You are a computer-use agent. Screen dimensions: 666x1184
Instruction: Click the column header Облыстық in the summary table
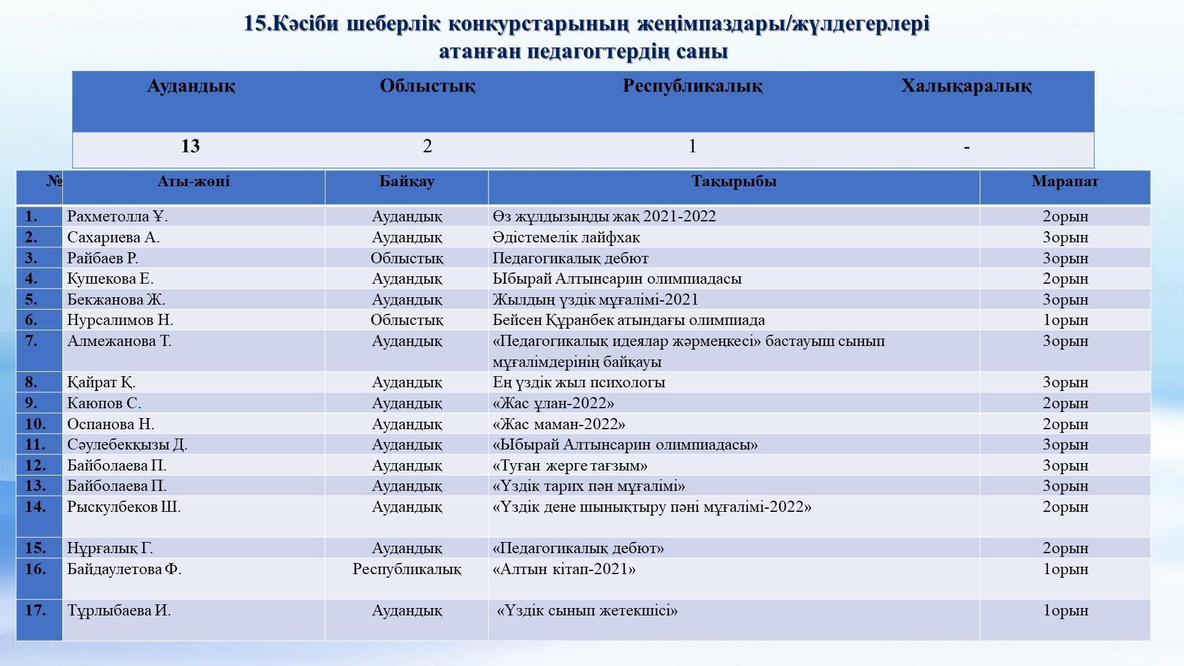click(427, 86)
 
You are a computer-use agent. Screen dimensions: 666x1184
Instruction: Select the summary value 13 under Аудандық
click(191, 146)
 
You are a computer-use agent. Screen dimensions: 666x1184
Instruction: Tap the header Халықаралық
click(966, 86)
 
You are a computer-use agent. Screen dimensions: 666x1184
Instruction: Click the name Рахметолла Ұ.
click(117, 216)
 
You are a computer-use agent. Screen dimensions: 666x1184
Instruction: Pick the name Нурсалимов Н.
click(120, 320)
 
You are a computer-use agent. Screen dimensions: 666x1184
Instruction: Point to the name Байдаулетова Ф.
click(124, 569)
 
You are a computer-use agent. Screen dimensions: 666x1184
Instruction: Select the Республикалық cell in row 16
click(406, 569)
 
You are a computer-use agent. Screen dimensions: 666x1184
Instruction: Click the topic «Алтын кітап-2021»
click(564, 569)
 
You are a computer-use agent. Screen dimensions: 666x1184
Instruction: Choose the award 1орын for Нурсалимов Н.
click(1065, 320)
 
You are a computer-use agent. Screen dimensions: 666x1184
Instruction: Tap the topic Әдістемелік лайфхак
click(566, 237)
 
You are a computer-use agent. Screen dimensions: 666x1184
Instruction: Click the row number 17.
click(35, 610)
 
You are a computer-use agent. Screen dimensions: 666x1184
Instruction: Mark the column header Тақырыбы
click(733, 181)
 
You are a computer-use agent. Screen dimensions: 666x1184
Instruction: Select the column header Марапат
click(1064, 181)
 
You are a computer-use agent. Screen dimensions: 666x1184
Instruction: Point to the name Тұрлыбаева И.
click(119, 610)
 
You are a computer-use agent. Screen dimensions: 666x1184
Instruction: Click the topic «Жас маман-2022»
click(559, 424)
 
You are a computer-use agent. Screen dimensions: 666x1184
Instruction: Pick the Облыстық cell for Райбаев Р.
click(406, 258)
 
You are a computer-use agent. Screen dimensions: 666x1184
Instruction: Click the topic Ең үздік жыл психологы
click(578, 382)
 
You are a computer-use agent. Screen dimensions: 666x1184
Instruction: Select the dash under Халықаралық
click(966, 147)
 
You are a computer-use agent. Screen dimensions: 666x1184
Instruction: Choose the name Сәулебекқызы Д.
click(127, 445)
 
